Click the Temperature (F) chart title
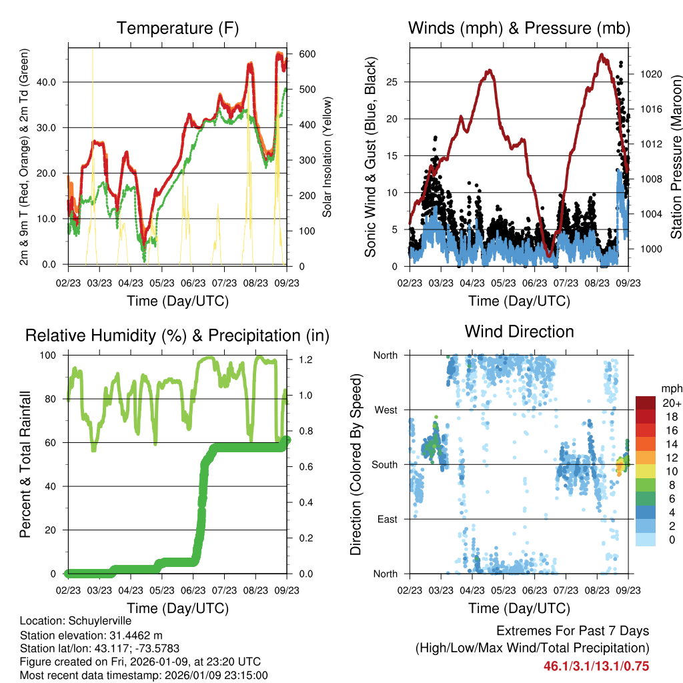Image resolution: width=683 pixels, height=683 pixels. tap(177, 28)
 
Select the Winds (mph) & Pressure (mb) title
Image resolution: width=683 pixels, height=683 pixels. tap(519, 28)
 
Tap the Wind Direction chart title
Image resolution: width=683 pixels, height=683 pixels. tap(519, 331)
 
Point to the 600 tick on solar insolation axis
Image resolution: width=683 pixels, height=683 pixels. tap(307, 54)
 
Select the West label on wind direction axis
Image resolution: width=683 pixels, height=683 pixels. tap(385, 410)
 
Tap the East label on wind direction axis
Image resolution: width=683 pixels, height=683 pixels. tap(386, 519)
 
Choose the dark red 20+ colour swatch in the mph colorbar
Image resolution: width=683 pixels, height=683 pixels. tap(646, 403)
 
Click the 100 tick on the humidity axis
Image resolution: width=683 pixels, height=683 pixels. tap(51, 356)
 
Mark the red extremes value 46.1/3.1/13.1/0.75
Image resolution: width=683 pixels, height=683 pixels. tap(596, 666)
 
